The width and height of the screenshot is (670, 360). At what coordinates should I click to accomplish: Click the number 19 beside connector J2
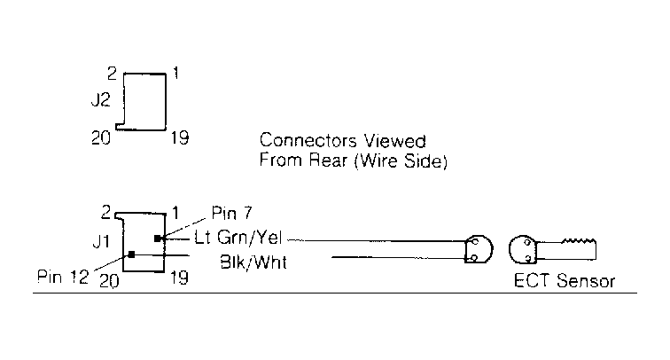(179, 137)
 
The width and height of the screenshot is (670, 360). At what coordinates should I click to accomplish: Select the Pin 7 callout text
(230, 214)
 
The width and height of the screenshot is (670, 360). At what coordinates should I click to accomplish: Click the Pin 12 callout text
(63, 277)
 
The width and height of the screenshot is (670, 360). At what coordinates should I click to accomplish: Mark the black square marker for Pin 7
(157, 239)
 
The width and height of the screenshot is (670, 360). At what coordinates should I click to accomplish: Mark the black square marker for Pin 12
(131, 255)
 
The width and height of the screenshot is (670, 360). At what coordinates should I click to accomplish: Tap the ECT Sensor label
(564, 282)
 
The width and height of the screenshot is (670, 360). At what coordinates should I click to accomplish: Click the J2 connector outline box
(144, 101)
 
